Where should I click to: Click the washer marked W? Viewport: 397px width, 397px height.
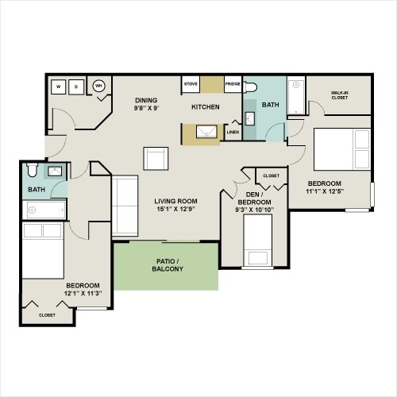coord(58,87)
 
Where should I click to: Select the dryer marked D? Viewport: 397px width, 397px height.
coord(76,87)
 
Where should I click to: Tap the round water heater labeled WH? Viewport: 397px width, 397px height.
coord(99,86)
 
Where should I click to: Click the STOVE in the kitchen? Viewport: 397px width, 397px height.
coord(191,84)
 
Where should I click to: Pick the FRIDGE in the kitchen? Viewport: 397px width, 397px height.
coord(232,84)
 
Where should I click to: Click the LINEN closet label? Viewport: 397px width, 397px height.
coord(233,133)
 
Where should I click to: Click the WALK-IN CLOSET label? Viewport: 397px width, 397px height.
coord(340,96)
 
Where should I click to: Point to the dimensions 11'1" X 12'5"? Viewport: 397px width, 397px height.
coord(325,190)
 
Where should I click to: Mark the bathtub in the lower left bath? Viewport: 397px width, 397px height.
coord(45,210)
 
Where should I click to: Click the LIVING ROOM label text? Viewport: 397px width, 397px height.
coord(175,201)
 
